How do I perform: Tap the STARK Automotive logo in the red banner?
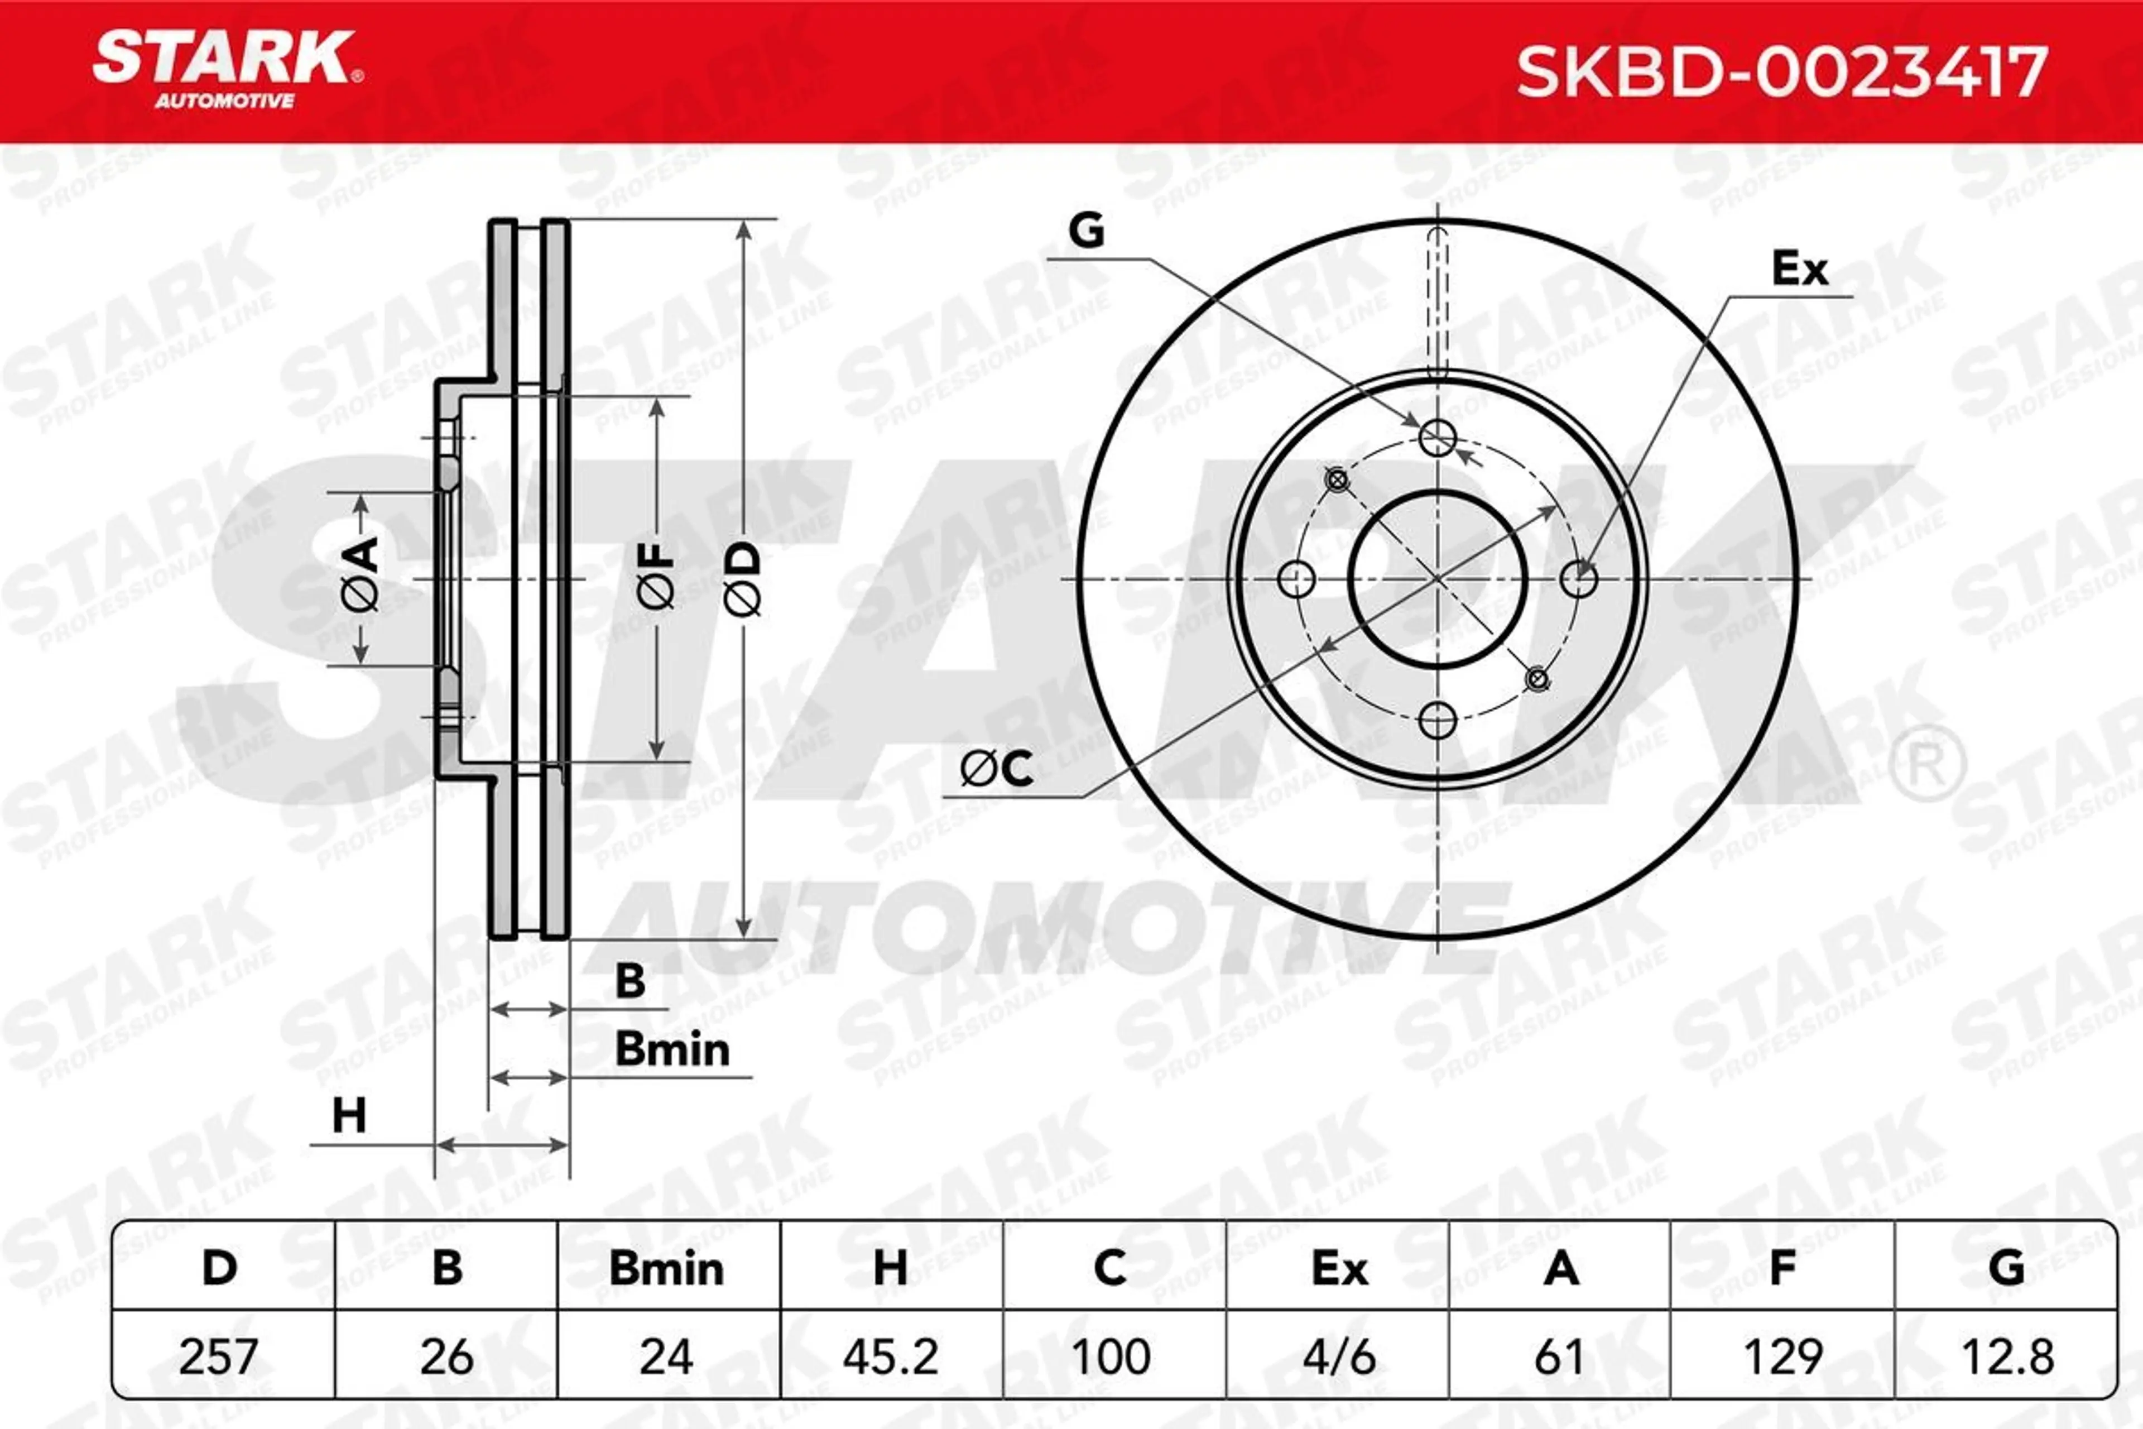tap(228, 69)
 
